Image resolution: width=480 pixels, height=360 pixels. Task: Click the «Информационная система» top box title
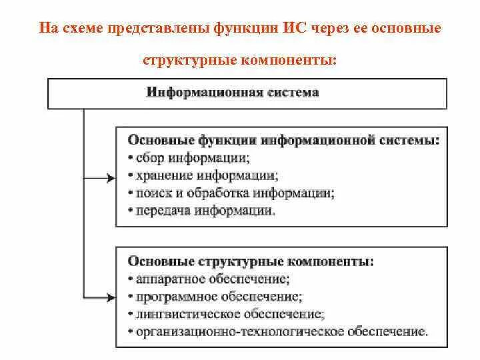(x=232, y=93)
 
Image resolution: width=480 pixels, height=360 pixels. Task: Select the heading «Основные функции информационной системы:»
(x=283, y=141)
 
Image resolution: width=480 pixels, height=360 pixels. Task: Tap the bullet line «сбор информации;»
(x=189, y=159)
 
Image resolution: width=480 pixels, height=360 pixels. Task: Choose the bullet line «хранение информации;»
(x=202, y=176)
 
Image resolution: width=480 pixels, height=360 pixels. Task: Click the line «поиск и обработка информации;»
(x=231, y=193)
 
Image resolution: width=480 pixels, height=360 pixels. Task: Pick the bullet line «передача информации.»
(x=201, y=211)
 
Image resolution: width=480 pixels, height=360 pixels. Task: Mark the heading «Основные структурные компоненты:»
(x=250, y=260)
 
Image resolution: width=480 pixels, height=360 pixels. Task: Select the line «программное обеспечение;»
(x=215, y=295)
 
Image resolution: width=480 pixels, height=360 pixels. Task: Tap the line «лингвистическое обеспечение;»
(x=226, y=313)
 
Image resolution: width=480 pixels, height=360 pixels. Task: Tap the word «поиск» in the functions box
(x=149, y=193)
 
